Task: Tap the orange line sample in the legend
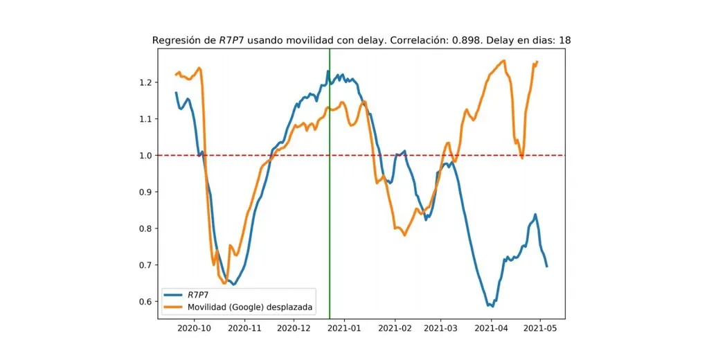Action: click(174, 306)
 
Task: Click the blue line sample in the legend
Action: click(174, 295)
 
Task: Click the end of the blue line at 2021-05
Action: click(547, 267)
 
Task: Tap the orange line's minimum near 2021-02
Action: click(404, 235)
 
